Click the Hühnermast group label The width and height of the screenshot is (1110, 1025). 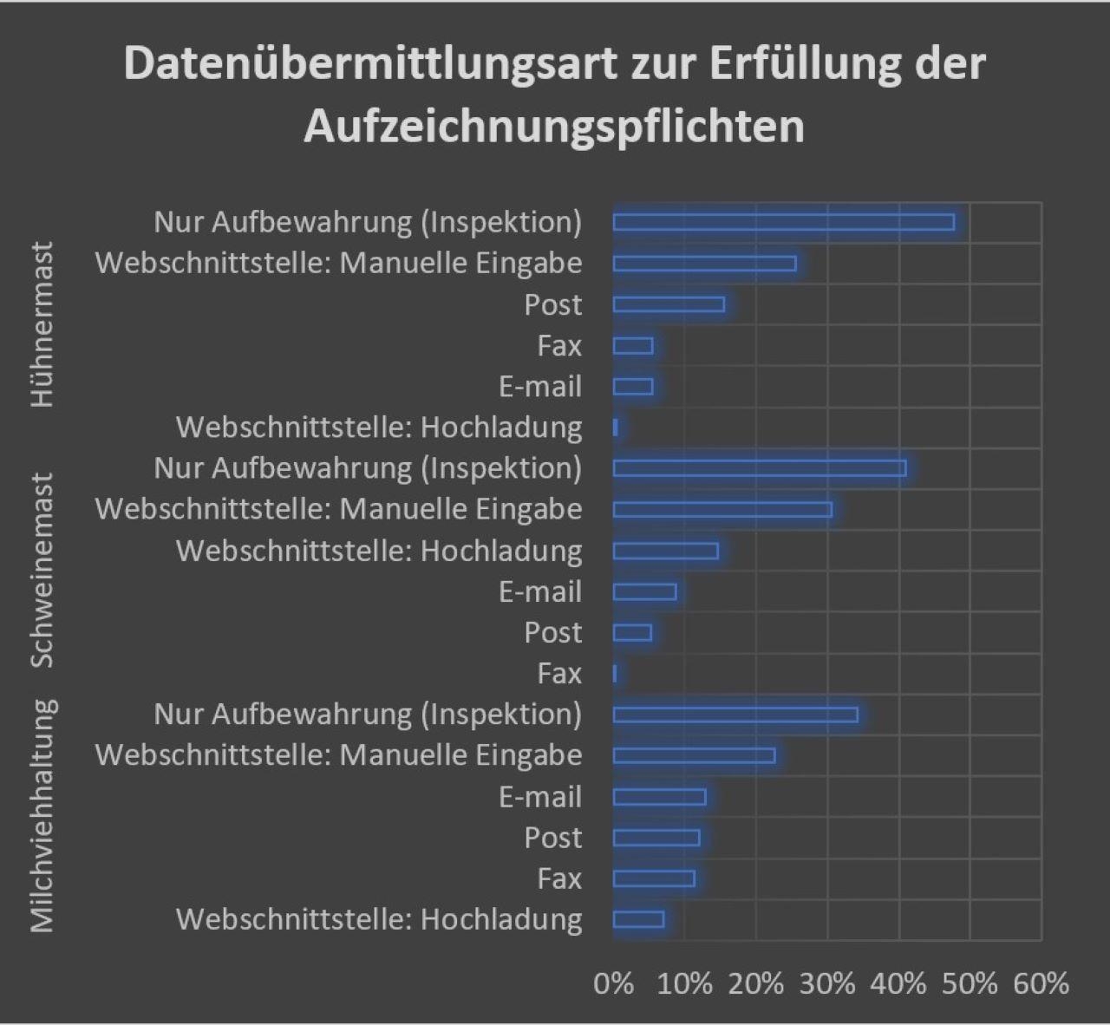(42, 324)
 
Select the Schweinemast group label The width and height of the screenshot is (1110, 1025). (42, 570)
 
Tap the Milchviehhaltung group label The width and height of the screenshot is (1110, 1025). (42, 816)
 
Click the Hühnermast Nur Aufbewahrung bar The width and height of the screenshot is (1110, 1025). (783, 222)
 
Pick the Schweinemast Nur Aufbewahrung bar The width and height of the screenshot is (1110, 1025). (760, 468)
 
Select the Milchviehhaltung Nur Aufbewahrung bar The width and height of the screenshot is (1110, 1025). (735, 715)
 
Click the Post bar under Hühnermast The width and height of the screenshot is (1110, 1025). (669, 304)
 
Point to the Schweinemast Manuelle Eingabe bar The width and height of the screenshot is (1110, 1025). (722, 509)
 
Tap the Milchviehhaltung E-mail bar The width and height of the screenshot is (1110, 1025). (659, 797)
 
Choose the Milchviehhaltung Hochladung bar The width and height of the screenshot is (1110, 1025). (638, 919)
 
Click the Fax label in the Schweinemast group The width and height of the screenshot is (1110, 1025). (559, 673)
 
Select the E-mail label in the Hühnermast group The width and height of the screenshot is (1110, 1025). (539, 387)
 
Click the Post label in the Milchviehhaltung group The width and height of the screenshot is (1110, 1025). (552, 838)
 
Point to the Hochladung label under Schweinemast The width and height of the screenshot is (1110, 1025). (379, 551)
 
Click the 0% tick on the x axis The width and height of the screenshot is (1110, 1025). (613, 983)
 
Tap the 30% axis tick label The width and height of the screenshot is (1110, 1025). (827, 983)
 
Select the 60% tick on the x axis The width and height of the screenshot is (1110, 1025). (1041, 983)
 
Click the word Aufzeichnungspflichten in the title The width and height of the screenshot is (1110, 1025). (554, 127)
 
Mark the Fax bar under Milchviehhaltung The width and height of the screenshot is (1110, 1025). (654, 878)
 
